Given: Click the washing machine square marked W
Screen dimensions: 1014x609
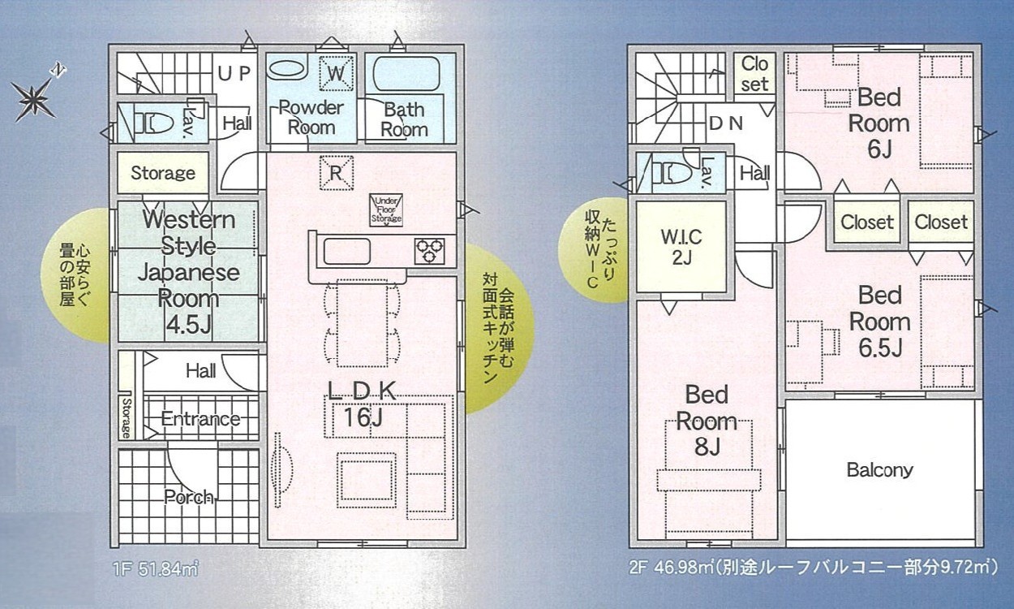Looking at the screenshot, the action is click(336, 72).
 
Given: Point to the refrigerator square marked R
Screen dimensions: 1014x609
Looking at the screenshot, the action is click(336, 173).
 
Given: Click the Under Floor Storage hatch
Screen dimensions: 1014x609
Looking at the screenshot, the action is click(386, 209).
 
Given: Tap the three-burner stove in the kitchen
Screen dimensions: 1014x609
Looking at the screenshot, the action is click(428, 252).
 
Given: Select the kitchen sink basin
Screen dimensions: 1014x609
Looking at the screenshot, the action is click(346, 252).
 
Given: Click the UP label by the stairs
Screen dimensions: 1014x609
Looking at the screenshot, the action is click(234, 73).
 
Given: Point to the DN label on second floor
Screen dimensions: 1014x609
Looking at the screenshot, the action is click(726, 123).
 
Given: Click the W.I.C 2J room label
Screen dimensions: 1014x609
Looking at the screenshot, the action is click(681, 247).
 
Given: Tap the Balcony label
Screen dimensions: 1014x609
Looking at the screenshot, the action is click(879, 470).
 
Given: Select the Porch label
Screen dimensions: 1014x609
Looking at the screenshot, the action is click(188, 497).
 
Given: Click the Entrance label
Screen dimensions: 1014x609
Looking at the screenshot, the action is click(200, 419).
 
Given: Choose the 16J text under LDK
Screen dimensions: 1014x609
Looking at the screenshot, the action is click(363, 417).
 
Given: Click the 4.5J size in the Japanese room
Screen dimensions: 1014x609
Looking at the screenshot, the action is click(189, 325).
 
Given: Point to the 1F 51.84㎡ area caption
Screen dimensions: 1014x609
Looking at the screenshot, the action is click(155, 568).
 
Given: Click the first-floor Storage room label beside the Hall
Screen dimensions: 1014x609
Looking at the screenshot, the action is click(163, 173).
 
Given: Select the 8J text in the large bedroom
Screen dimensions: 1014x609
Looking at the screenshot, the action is click(707, 447).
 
